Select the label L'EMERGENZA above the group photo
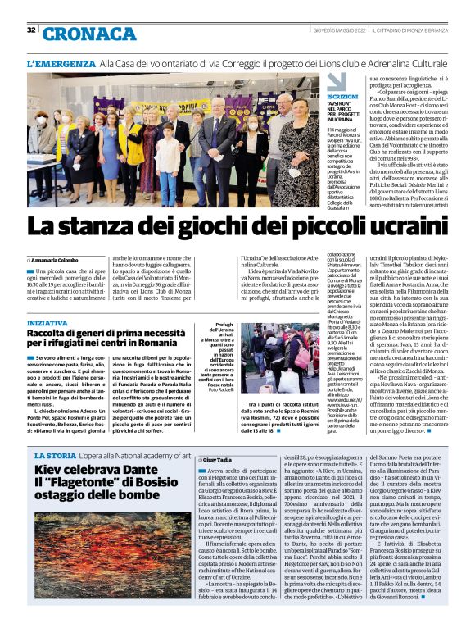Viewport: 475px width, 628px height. pyautogui.click(x=61, y=63)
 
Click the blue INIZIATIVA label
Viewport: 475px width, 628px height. pyautogui.click(x=46, y=323)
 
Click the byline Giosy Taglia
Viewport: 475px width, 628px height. pyautogui.click(x=220, y=462)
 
